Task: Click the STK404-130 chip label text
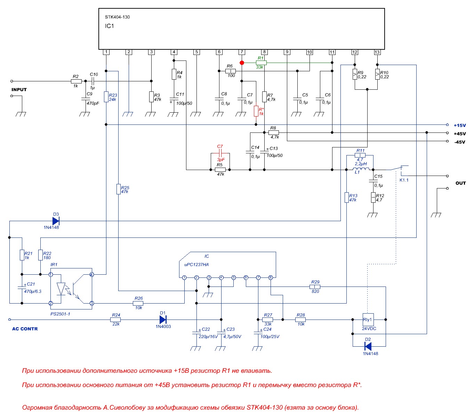[117, 17]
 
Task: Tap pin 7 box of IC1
[242, 52]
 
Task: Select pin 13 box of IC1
[377, 52]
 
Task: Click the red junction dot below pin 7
[242, 63]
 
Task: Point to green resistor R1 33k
[261, 63]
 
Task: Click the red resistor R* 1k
[256, 111]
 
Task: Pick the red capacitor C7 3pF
[220, 153]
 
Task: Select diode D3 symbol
[56, 221]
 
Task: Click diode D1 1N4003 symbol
[163, 319]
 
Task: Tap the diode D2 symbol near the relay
[368, 346]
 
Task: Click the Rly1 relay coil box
[368, 320]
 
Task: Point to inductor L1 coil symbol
[361, 169]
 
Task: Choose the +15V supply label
[460, 126]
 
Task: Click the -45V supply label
[460, 142]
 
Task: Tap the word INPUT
[19, 90]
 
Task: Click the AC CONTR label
[25, 329]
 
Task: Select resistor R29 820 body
[315, 287]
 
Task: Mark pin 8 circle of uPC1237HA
[271, 277]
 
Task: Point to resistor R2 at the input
[76, 81]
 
